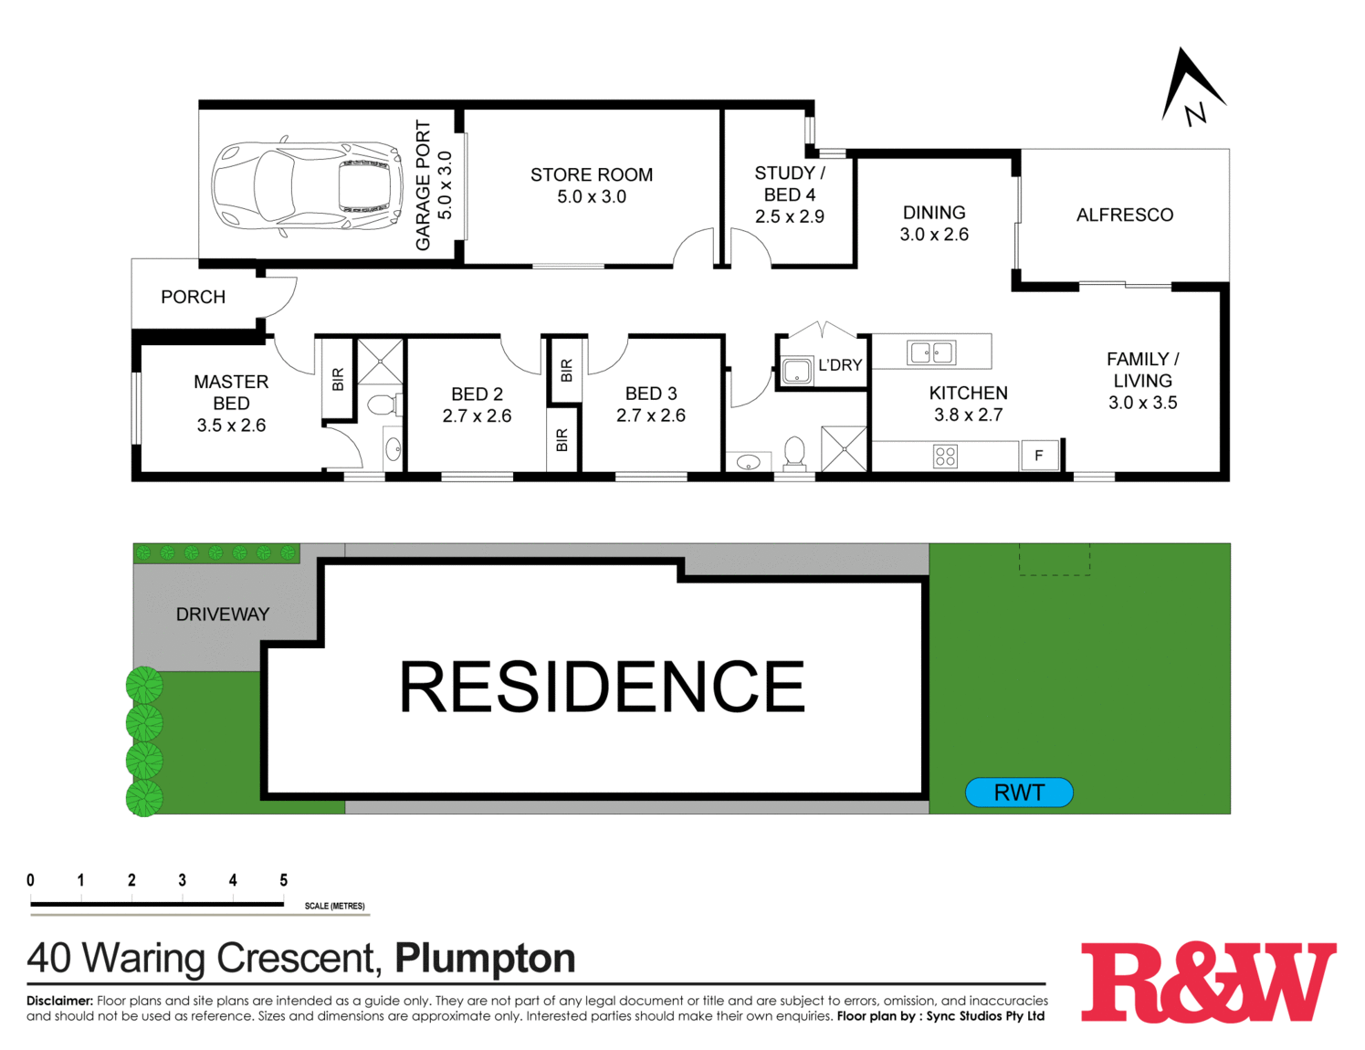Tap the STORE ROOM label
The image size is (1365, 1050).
point(592,174)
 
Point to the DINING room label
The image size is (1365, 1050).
point(934,213)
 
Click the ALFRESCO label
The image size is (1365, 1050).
point(1124,215)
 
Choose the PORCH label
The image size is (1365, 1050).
point(193,297)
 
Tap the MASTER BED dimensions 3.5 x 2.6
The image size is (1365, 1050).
point(231,425)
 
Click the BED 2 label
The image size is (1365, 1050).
point(477,394)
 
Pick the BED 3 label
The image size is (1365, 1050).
point(651,394)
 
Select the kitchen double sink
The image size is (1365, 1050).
point(930,352)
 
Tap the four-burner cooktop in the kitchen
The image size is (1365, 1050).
point(945,456)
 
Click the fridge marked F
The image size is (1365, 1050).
point(1039,455)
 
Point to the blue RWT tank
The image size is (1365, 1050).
point(1019,793)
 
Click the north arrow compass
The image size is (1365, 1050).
point(1191,89)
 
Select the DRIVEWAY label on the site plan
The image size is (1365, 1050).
point(223,614)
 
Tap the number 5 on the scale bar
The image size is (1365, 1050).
point(283,880)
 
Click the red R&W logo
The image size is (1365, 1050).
point(1208,982)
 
